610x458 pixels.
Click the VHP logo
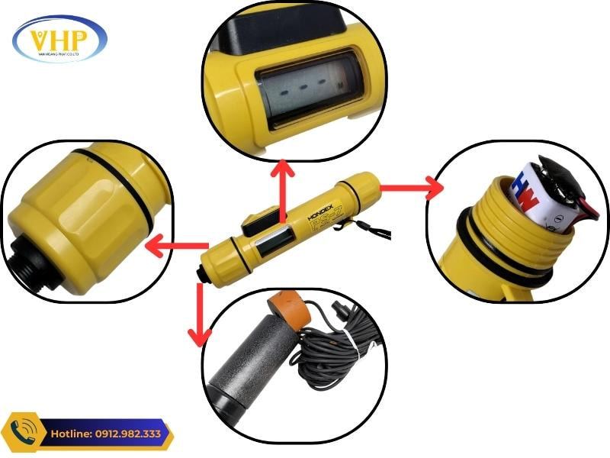(59, 40)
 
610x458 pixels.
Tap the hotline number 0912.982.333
(114, 434)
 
